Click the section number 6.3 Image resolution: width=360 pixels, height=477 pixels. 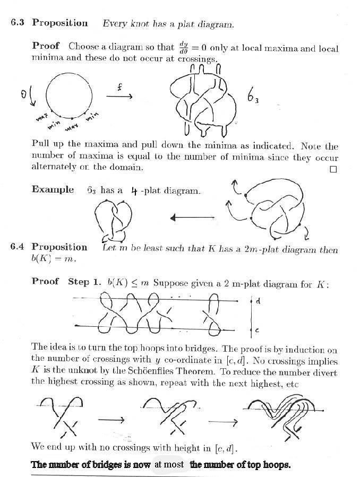19,23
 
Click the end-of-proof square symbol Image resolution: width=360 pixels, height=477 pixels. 333,169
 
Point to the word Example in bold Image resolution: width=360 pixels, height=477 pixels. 53,189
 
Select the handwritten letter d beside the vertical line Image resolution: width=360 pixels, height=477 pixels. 258,301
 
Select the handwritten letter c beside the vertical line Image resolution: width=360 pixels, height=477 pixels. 258,331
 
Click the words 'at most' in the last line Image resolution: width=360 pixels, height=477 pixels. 169,465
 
